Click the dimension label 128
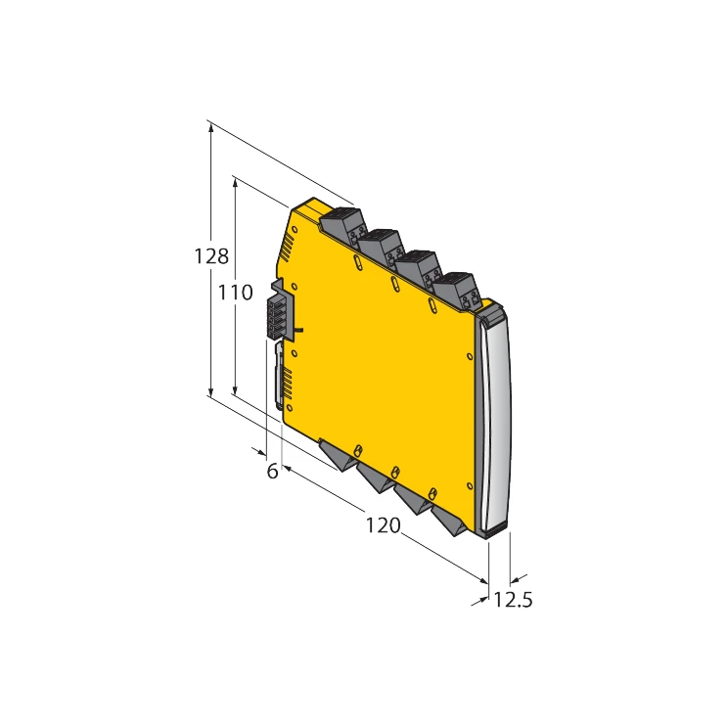[211, 256]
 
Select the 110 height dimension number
[236, 292]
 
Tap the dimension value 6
[273, 471]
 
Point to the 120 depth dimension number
[383, 525]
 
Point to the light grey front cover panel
[497, 421]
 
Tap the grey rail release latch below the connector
[280, 376]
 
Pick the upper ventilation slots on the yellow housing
[287, 250]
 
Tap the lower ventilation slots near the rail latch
[287, 383]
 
